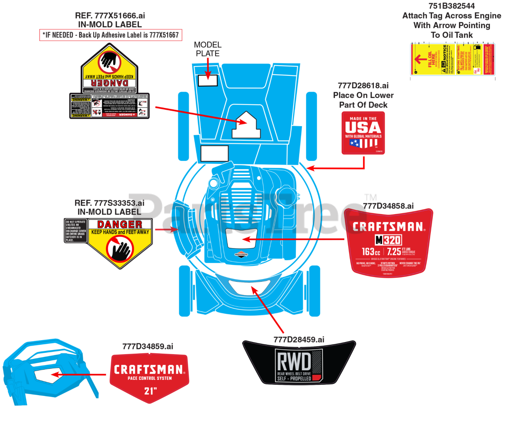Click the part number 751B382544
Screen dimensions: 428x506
(x=451, y=6)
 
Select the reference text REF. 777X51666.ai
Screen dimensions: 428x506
(x=110, y=16)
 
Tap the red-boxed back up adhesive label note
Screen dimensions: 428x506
(x=111, y=35)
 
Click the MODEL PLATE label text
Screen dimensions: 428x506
(x=208, y=49)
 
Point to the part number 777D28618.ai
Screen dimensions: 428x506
(x=363, y=86)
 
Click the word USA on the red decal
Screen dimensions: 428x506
(x=363, y=128)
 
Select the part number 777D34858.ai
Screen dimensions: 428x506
(x=388, y=206)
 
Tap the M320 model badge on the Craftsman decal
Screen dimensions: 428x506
(x=388, y=240)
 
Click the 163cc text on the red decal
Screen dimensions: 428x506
(x=371, y=252)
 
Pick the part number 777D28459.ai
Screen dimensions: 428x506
(x=299, y=339)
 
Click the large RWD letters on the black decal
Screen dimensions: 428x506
(x=294, y=361)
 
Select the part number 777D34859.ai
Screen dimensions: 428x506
(x=148, y=347)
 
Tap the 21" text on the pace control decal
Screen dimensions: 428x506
(x=150, y=391)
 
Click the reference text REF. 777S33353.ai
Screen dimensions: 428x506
(x=110, y=203)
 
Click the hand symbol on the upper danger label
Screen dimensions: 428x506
(x=110, y=61)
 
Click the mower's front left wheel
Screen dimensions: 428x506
(x=184, y=291)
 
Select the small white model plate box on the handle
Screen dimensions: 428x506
(x=208, y=80)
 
